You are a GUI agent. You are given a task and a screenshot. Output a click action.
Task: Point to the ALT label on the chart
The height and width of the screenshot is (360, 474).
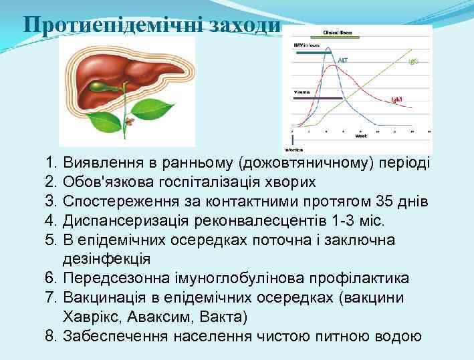[x=342, y=59]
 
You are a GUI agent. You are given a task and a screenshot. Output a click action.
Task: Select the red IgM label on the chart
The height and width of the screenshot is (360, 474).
[x=396, y=99]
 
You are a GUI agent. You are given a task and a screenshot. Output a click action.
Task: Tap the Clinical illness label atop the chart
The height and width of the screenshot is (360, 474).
[x=338, y=32]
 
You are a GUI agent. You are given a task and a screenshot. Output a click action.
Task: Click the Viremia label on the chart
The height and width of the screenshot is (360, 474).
[x=302, y=91]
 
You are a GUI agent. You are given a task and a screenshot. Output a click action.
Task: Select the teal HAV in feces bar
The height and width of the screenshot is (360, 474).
[x=314, y=52]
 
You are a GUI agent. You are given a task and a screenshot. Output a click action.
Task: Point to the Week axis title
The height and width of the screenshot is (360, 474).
[x=361, y=136]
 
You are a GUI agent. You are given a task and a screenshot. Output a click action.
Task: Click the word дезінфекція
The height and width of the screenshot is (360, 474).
[x=106, y=259]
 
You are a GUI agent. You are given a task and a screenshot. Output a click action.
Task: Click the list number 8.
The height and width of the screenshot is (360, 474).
[x=51, y=335]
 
